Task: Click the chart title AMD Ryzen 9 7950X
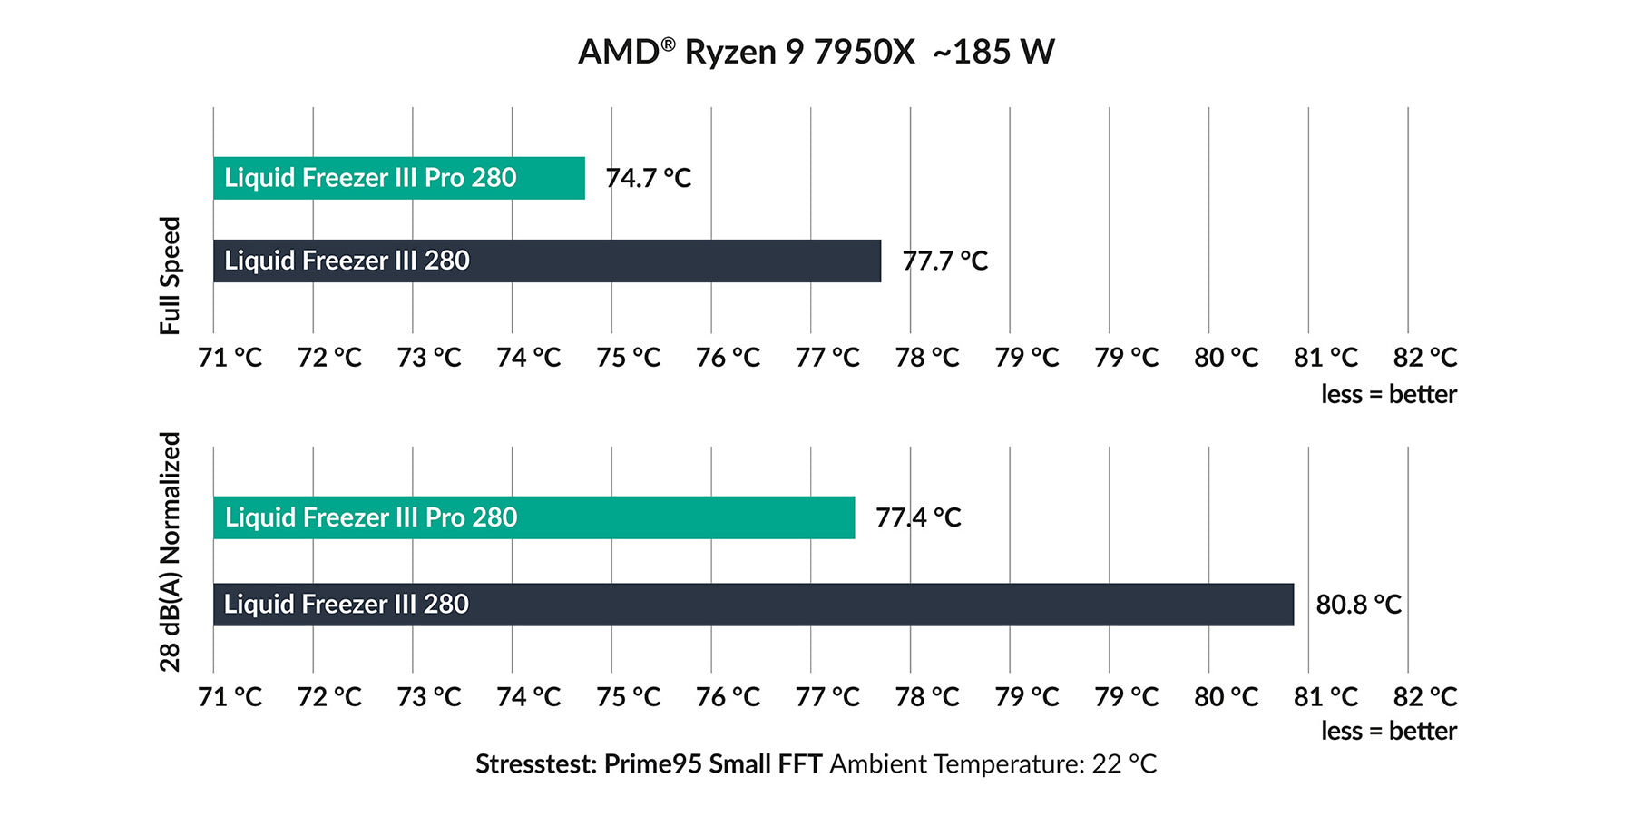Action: point(746,52)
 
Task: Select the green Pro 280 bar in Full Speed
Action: point(399,178)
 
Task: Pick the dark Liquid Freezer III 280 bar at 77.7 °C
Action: point(546,261)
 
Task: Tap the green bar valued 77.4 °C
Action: point(533,517)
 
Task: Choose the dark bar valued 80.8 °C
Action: point(753,605)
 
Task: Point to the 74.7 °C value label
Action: point(648,178)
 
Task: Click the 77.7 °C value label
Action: point(944,261)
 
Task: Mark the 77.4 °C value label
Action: point(918,517)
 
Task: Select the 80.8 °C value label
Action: point(1358,605)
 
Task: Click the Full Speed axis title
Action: point(171,275)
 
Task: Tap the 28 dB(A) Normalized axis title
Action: point(171,551)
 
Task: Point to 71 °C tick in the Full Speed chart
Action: point(230,358)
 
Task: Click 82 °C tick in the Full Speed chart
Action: point(1424,358)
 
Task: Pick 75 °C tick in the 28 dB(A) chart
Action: point(628,697)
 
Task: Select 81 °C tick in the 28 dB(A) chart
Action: point(1325,697)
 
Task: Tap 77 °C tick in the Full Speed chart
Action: point(827,358)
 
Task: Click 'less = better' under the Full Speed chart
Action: point(1388,394)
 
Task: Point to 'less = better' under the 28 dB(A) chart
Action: point(1388,731)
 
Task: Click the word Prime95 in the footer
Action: point(652,764)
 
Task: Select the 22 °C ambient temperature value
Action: point(1124,764)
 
